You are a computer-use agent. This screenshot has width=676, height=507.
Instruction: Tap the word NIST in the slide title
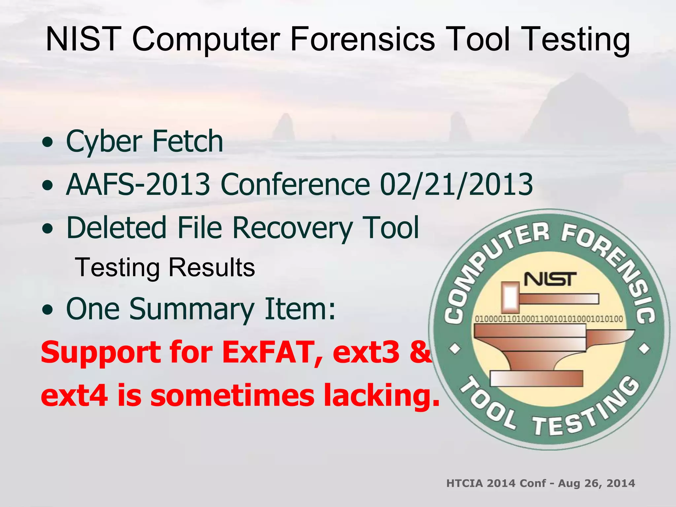83,39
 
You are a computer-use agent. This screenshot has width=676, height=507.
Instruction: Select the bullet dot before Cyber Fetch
48,142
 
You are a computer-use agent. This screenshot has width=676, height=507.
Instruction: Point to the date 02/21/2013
456,184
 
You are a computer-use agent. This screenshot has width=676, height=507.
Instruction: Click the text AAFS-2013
138,184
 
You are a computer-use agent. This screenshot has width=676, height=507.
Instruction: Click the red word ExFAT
267,352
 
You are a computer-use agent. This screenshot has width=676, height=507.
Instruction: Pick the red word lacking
381,395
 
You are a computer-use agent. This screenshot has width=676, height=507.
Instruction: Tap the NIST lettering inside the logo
550,279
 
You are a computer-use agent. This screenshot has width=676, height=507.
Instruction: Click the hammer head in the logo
510,297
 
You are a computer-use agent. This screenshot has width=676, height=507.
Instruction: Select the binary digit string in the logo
549,319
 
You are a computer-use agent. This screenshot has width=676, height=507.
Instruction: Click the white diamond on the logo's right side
644,349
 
